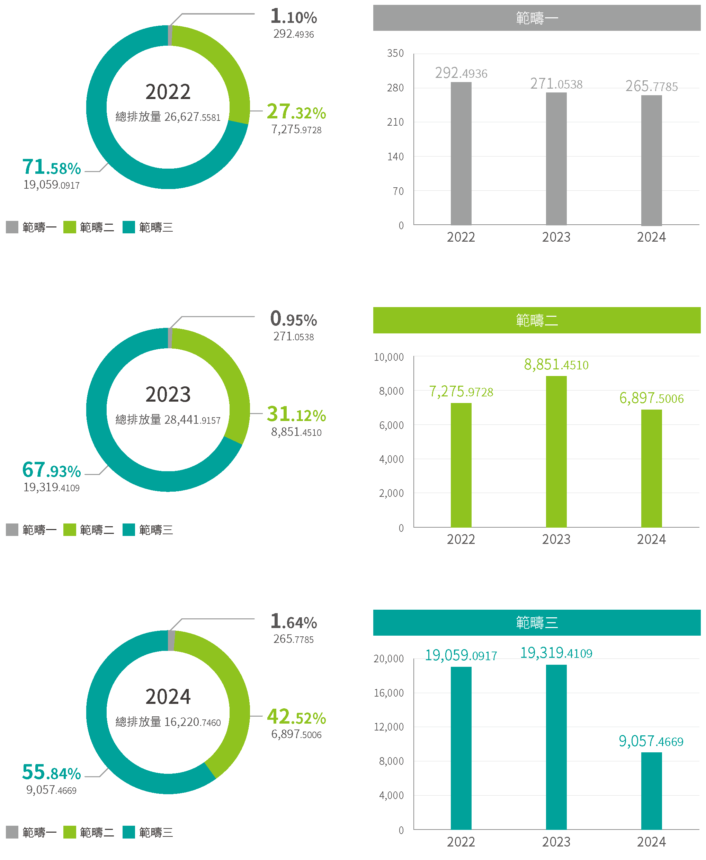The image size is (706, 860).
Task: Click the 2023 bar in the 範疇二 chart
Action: coord(556,451)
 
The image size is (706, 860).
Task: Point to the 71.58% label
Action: coord(52,167)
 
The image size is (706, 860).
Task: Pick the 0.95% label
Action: coord(293,319)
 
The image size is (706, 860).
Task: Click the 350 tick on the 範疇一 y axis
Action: coord(395,53)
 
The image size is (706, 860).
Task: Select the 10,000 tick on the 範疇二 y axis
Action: coord(389,357)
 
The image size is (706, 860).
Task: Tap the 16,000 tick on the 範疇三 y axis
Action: coord(389,693)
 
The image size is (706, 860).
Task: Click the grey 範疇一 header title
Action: coord(536,18)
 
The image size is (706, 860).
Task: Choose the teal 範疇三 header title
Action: coord(536,622)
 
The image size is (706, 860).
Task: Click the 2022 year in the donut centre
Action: coord(168,92)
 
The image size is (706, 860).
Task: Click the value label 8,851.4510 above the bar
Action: coord(556,365)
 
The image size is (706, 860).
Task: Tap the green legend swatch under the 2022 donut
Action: coord(70,227)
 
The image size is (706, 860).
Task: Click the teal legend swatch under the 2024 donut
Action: coord(128,832)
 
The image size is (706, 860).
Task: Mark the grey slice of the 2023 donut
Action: coord(170,338)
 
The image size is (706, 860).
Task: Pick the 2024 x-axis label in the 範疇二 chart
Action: coord(651,539)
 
